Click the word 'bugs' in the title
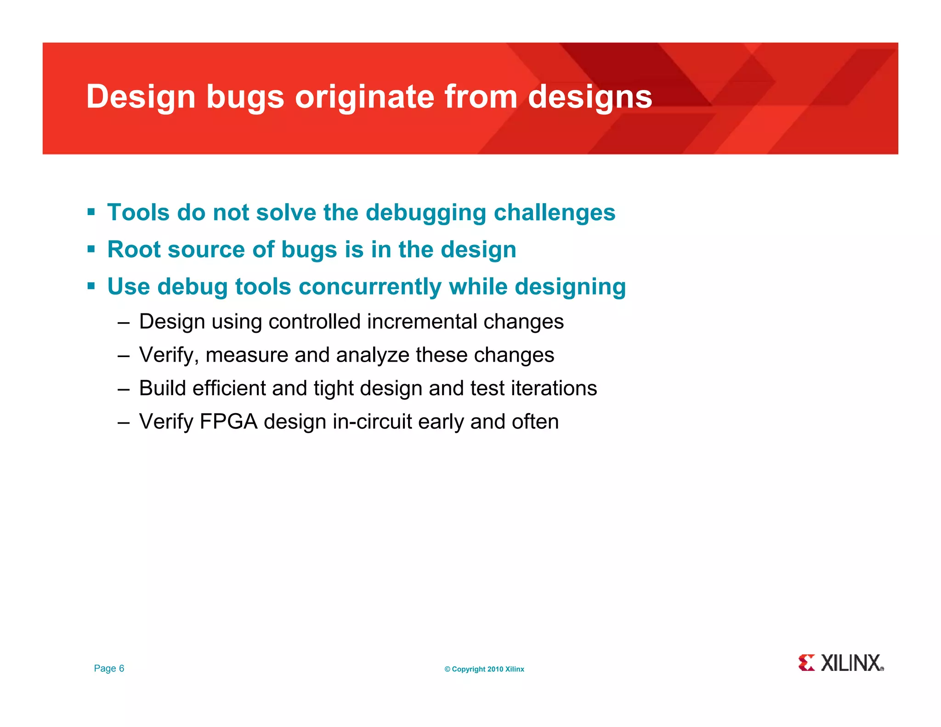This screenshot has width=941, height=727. point(245,98)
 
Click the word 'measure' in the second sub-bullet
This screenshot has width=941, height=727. point(247,355)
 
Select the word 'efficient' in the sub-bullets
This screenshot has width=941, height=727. point(229,388)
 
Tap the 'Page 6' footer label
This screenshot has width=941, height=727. point(109,668)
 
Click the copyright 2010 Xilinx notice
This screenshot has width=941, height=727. point(484,669)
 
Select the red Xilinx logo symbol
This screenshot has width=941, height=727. point(806,663)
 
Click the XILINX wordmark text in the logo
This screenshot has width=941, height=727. point(851,663)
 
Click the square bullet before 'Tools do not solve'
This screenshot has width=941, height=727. point(91,212)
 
